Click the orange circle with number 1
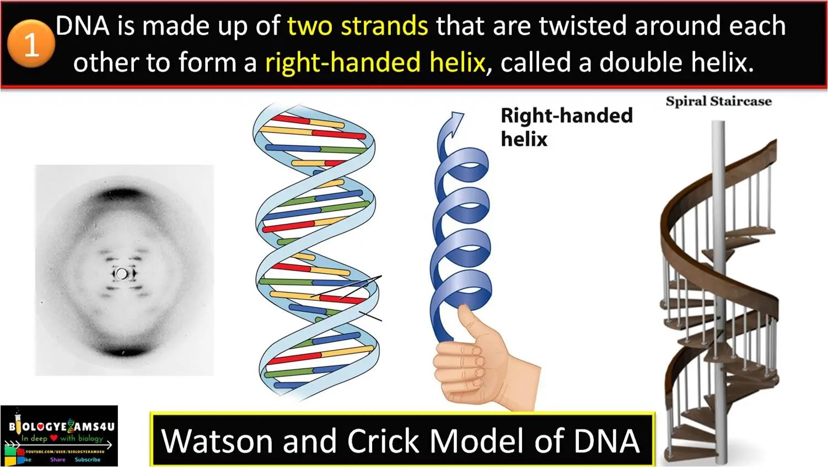click(31, 44)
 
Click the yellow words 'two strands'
click(357, 26)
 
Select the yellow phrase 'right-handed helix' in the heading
click(375, 62)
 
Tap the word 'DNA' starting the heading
click(83, 26)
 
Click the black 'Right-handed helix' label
click(566, 127)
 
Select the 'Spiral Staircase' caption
click(718, 101)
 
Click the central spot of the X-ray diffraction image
click(122, 273)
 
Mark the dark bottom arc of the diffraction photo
click(122, 351)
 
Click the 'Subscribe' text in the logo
click(88, 459)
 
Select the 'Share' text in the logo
click(57, 459)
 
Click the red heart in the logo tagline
click(53, 438)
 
